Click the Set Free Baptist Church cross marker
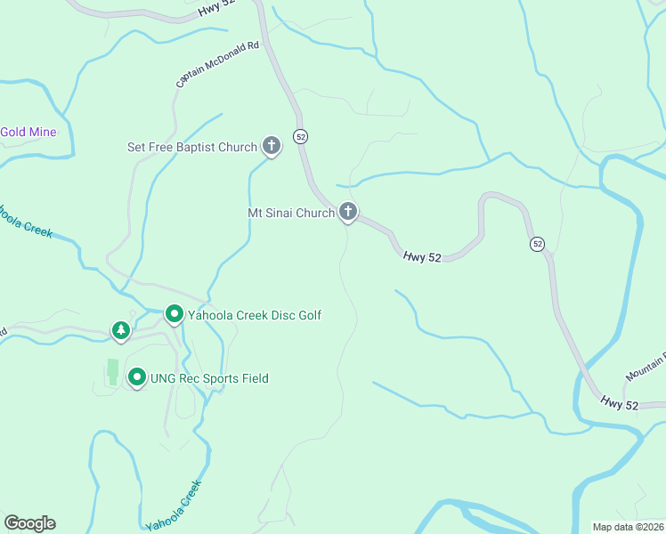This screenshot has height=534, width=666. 272,146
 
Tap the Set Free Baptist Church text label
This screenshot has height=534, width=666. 192,147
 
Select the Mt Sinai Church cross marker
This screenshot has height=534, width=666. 348,212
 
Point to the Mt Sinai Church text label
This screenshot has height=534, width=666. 290,213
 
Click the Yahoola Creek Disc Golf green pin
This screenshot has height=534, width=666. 175,314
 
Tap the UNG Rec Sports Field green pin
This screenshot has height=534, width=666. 137,377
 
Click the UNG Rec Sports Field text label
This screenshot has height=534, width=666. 210,378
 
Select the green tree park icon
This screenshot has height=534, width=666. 121,330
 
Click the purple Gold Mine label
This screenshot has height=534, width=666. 28,133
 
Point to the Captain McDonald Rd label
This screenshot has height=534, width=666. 218,63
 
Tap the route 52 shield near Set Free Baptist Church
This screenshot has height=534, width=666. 302,136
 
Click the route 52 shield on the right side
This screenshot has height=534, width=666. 537,243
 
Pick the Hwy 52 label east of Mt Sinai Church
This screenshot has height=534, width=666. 422,256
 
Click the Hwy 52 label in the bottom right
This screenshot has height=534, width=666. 618,404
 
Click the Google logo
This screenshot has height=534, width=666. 29,523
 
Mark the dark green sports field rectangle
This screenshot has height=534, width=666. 112,372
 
